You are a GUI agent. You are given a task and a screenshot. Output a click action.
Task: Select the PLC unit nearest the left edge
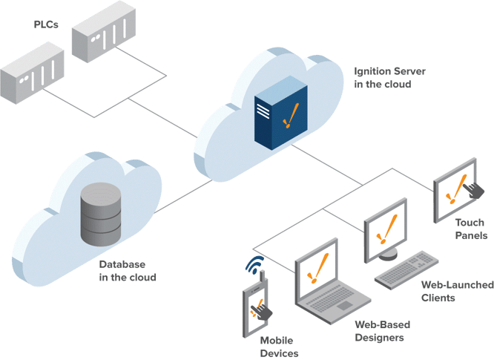(x=30, y=75)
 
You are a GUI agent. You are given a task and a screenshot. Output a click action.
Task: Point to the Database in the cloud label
(x=128, y=270)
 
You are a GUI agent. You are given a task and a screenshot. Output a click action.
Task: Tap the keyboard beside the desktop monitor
(x=409, y=269)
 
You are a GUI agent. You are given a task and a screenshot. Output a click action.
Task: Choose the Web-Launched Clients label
(x=447, y=291)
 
